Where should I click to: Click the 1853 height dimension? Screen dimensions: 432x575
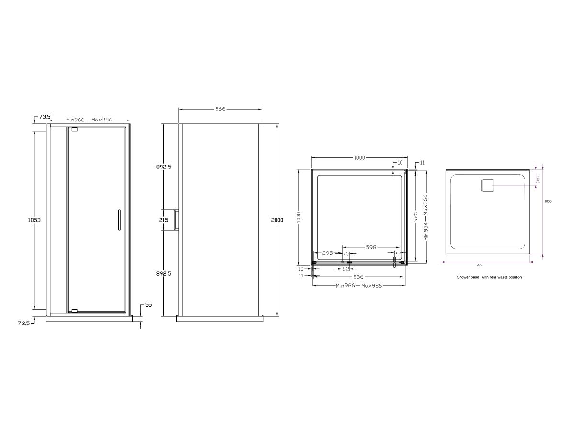coord(34,220)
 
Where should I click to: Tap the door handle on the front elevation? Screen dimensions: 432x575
coord(118,220)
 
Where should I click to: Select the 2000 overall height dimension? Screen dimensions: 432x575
coord(277,220)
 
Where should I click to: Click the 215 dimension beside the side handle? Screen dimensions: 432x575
coord(164,220)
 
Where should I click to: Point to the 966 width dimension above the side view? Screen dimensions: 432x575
coord(220,109)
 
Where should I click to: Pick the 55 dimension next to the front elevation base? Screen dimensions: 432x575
coord(149,305)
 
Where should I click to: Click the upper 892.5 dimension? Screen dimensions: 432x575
coord(164,167)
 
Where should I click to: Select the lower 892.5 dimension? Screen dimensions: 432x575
coord(164,273)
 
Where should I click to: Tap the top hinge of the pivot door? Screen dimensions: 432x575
coord(74,129)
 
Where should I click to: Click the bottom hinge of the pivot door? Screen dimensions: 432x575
coord(74,311)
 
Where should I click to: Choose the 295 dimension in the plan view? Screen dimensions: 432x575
coord(328,253)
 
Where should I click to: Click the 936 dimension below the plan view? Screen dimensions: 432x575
coord(358,277)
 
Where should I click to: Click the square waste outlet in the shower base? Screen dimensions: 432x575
coord(487,185)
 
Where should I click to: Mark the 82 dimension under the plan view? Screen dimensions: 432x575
coord(346,269)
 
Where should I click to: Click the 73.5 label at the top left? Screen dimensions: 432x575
coord(45,117)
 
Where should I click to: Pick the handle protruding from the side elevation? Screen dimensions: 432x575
coord(177,220)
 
